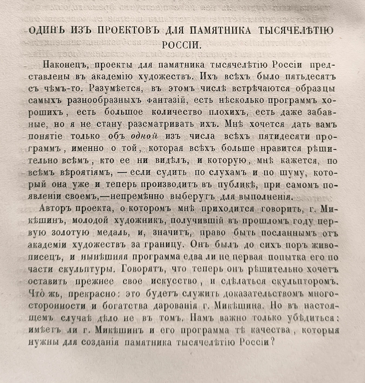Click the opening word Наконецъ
(x=64, y=65)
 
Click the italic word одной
(x=144, y=136)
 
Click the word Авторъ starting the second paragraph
(x=56, y=209)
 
